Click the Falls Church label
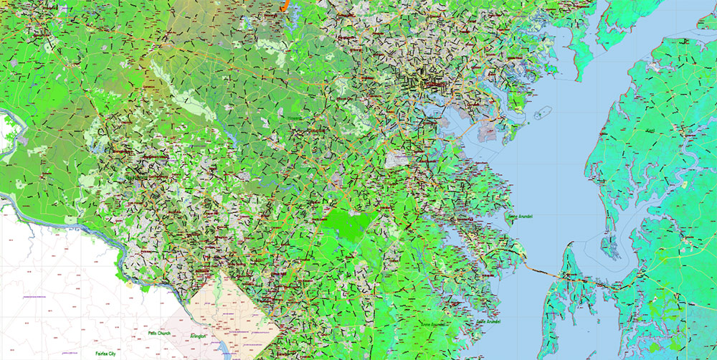click(159, 333)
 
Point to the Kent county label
click(650, 131)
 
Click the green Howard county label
click(295, 118)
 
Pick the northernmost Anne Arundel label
click(522, 215)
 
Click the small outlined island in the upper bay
click(543, 113)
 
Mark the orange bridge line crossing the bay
click(545, 270)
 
